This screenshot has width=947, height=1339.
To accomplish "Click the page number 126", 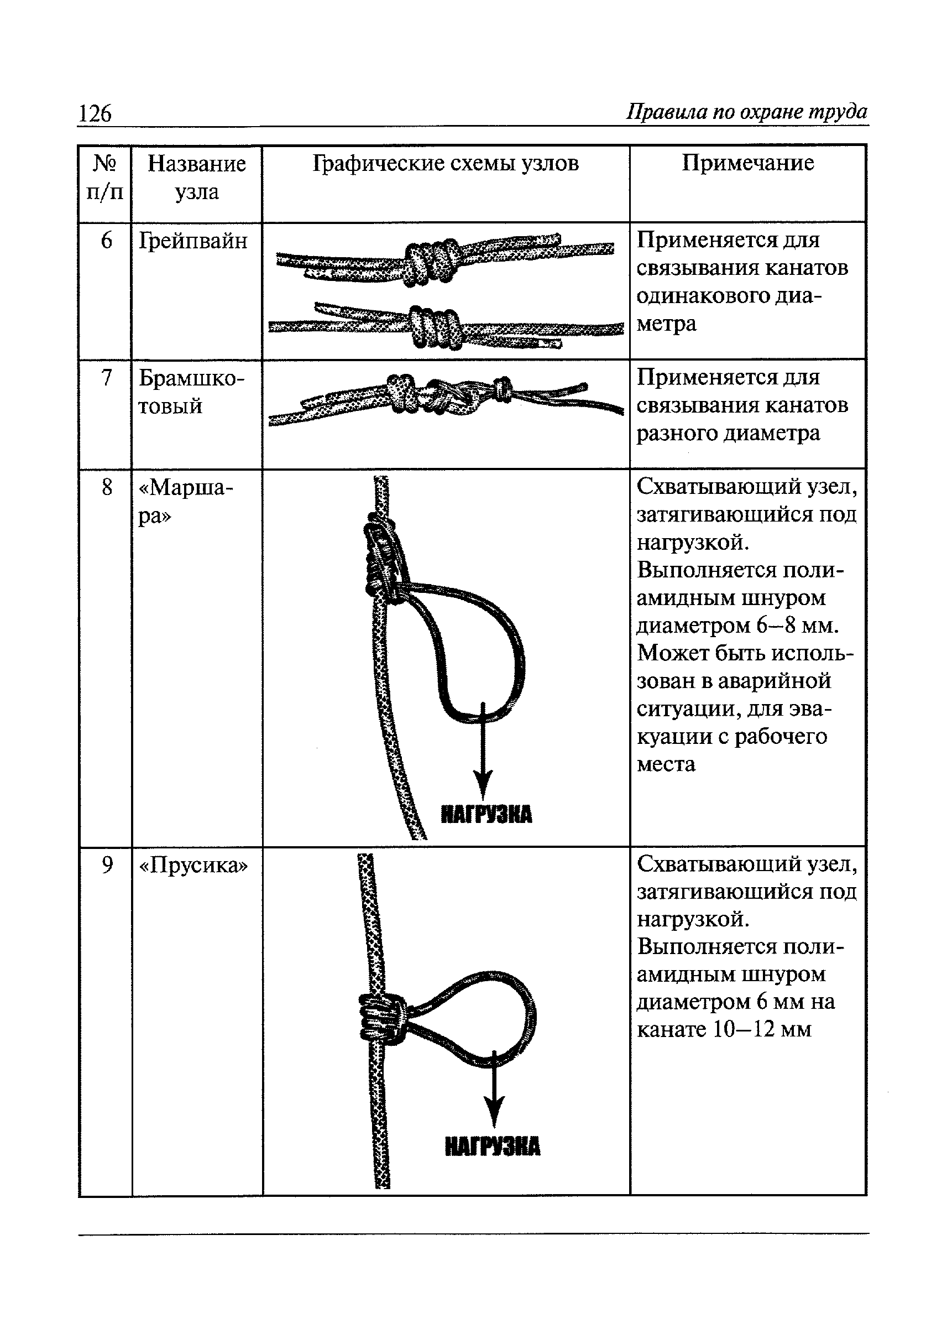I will pos(95,113).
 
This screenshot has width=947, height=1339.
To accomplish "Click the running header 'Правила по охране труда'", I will pos(746,111).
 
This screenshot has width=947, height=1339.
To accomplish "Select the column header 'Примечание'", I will pos(747,163).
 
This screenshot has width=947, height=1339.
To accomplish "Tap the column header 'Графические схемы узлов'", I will pos(446,163).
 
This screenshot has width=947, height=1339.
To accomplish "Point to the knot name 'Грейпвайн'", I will pos(193,241).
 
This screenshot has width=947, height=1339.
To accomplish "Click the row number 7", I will pos(106,378).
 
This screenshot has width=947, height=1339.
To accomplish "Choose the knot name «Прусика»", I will pos(193,865).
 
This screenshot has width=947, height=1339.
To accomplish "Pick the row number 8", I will pos(106,487).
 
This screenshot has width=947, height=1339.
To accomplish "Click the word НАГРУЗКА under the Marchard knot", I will pos(486,814).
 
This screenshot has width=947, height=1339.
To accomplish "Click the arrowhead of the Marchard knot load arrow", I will pos(483,783).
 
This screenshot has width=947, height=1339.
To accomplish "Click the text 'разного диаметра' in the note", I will pos(728,433).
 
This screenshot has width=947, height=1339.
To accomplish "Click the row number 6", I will pos(106,241).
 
